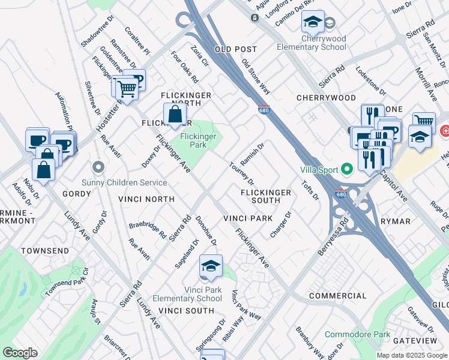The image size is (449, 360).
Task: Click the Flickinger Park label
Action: [198, 141]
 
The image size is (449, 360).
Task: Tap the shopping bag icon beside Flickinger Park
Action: [174, 115]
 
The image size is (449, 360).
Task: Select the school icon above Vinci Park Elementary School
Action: [211, 266]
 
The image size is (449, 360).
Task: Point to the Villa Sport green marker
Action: [346, 170]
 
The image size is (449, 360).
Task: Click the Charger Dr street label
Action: [280, 224]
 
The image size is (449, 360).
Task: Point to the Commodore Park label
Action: [357, 334]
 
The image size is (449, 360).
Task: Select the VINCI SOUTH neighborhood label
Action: [186, 310]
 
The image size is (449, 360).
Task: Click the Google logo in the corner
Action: [19, 353]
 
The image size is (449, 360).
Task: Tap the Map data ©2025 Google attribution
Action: [412, 355]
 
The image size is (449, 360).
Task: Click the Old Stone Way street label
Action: [256, 76]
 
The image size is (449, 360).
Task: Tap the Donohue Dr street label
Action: [205, 231]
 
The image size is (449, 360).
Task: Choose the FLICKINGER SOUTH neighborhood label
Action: [266, 196]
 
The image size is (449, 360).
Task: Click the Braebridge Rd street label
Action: [148, 230]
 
